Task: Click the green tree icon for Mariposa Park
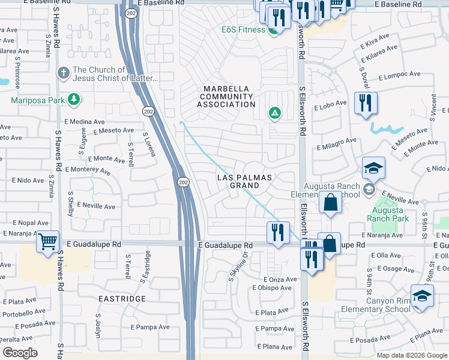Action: tap(74, 100)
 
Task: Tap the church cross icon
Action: tap(63, 73)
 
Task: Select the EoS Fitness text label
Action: tap(243, 29)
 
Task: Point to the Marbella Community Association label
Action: tap(227, 97)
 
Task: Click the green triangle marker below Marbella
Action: tap(274, 113)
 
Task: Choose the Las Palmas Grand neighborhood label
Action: tap(244, 182)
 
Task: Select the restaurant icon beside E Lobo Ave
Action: tap(365, 104)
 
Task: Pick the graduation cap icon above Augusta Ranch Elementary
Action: tap(373, 169)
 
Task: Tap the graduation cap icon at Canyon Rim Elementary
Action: tap(422, 296)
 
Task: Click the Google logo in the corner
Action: tap(20, 352)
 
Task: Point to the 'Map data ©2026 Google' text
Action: tap(411, 355)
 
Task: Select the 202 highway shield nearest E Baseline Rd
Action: tap(130, 13)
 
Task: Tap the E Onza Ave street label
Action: tap(280, 280)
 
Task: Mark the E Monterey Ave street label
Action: tap(88, 170)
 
